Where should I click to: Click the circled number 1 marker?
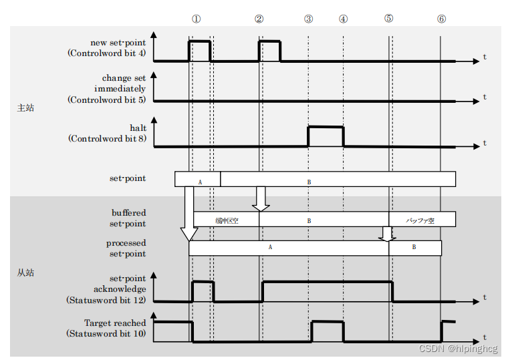tap(196, 19)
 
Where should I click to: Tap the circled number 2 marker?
tap(259, 19)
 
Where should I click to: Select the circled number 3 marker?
tap(308, 19)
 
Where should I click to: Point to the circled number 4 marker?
tap(344, 19)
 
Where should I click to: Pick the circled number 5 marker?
tap(389, 18)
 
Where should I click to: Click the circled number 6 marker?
tap(441, 19)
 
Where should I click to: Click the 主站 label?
tap(25, 108)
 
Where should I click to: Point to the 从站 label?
tap(25, 273)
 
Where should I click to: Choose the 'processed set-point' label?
tap(126, 248)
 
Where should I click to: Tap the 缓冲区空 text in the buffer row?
tap(226, 220)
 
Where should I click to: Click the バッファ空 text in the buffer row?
tap(420, 220)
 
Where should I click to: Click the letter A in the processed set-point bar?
tap(270, 247)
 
